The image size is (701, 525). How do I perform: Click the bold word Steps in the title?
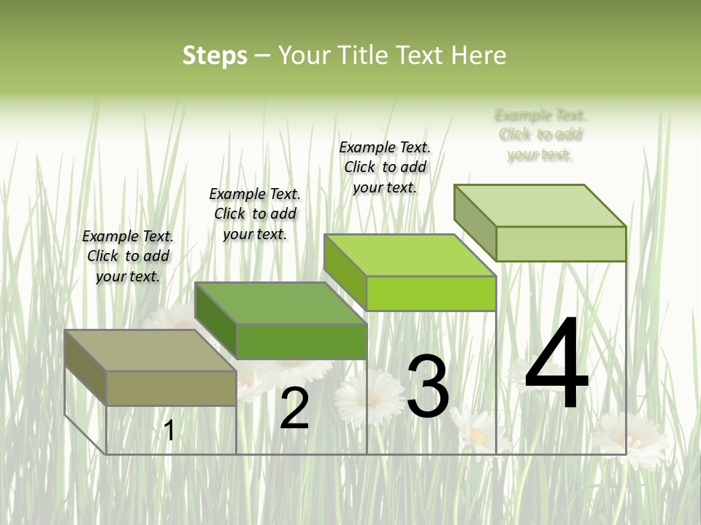click(x=215, y=55)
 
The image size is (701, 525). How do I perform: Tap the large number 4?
click(x=556, y=365)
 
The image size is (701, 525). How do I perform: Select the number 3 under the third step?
click(x=428, y=387)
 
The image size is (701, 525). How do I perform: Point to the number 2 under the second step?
click(x=294, y=409)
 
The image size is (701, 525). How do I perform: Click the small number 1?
click(x=169, y=431)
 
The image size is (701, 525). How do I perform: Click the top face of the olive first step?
click(x=150, y=351)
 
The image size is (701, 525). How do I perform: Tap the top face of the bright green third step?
click(x=410, y=255)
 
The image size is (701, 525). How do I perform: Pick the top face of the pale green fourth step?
click(x=540, y=206)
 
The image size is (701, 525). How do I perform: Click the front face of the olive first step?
click(x=171, y=388)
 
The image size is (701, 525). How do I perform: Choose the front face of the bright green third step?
click(x=431, y=293)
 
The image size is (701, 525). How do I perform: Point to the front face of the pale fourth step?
click(x=561, y=244)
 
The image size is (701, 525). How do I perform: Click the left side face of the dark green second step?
click(x=216, y=321)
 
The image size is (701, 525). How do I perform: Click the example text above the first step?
click(x=128, y=256)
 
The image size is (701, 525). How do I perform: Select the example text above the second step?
click(x=255, y=214)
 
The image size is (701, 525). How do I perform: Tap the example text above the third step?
click(x=385, y=167)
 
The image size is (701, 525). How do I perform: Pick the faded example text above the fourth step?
click(x=540, y=135)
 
